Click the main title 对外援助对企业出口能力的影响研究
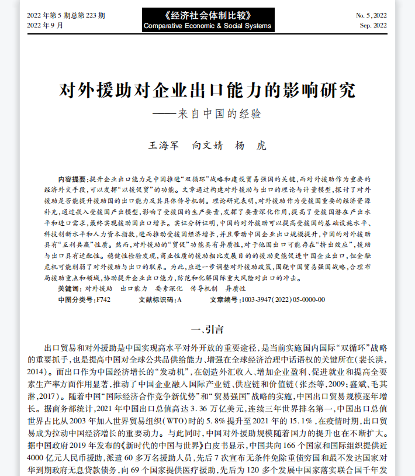(207, 91)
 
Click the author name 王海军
(165, 145)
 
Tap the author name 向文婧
(207, 145)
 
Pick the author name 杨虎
(250, 145)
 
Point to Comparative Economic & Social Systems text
(207, 26)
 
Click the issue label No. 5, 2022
(372, 15)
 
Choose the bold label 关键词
(70, 289)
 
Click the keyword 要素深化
(169, 289)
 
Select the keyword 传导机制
(204, 289)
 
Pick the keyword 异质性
(235, 289)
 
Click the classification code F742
(102, 300)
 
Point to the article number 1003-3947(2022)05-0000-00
(283, 300)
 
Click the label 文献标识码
(157, 300)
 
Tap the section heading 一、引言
(207, 329)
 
